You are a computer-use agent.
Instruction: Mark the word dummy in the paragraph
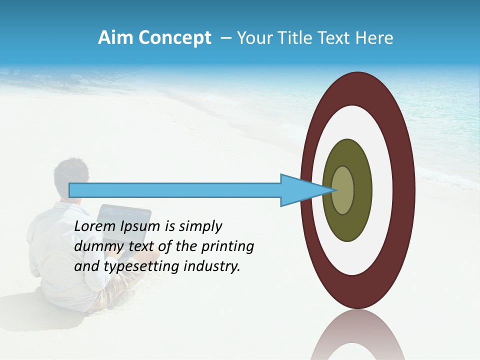tap(96, 246)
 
